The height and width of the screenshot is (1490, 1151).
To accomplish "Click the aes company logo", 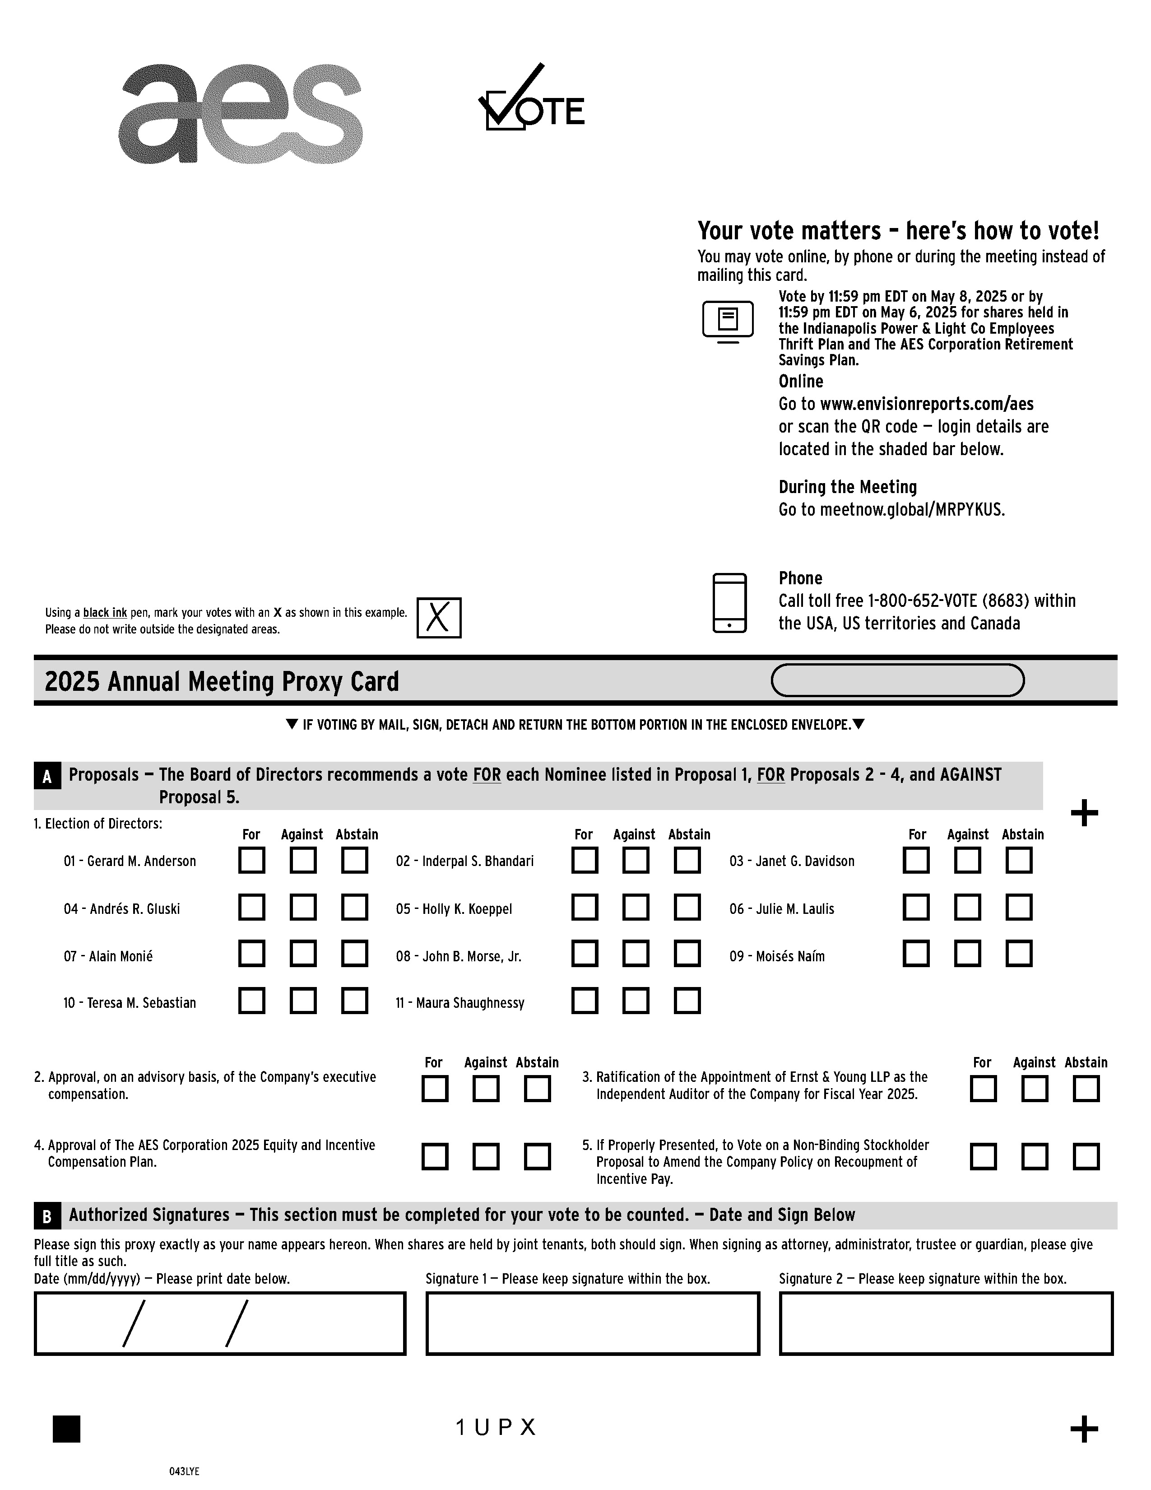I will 240,114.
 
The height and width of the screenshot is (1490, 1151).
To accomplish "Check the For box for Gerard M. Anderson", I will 251,860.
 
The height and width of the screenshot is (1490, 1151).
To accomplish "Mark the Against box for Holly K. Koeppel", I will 636,908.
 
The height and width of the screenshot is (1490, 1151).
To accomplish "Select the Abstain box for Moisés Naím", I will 1019,954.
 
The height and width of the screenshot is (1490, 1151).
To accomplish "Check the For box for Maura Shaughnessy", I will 585,1001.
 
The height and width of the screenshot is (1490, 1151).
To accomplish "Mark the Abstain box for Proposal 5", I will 1086,1156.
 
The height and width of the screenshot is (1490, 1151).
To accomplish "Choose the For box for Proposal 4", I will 434,1156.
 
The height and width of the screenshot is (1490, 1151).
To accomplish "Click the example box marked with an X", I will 438,617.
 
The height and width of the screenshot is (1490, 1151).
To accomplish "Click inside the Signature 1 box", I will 593,1323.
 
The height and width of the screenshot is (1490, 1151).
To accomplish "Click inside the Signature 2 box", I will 946,1323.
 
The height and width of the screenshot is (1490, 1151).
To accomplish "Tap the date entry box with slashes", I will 219,1323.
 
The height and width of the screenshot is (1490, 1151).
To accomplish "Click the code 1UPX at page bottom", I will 496,1427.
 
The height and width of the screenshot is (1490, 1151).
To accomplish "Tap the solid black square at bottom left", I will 66,1429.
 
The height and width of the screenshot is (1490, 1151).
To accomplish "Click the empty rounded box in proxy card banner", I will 897,680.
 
